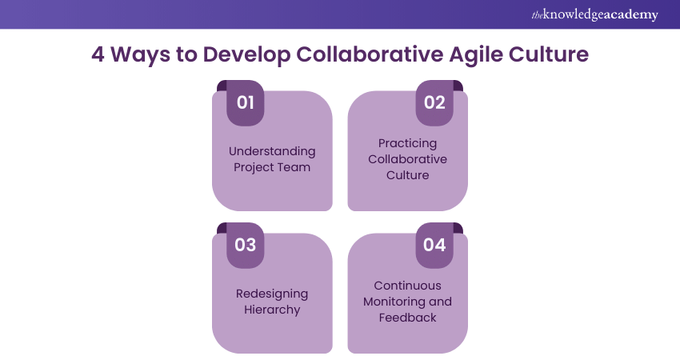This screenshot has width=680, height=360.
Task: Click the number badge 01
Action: (245, 102)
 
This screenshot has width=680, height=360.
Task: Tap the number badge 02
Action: (434, 102)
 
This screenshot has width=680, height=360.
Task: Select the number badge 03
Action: (245, 245)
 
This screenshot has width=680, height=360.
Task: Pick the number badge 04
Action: (434, 245)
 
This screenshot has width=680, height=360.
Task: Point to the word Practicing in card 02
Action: (407, 143)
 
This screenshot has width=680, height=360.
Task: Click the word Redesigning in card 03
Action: (272, 294)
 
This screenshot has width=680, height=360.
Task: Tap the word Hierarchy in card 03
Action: (272, 310)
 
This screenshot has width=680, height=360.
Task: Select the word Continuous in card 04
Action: (407, 286)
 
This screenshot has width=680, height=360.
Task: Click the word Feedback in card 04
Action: (407, 318)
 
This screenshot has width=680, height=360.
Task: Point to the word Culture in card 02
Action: (407, 175)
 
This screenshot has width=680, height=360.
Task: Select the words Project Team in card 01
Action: (272, 167)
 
